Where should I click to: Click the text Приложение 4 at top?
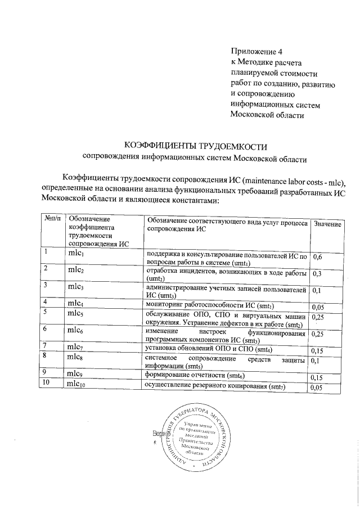(256, 52)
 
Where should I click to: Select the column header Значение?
(327, 224)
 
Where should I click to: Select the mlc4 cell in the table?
(76, 304)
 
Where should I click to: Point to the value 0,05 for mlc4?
(319, 307)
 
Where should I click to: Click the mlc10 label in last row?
(78, 384)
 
